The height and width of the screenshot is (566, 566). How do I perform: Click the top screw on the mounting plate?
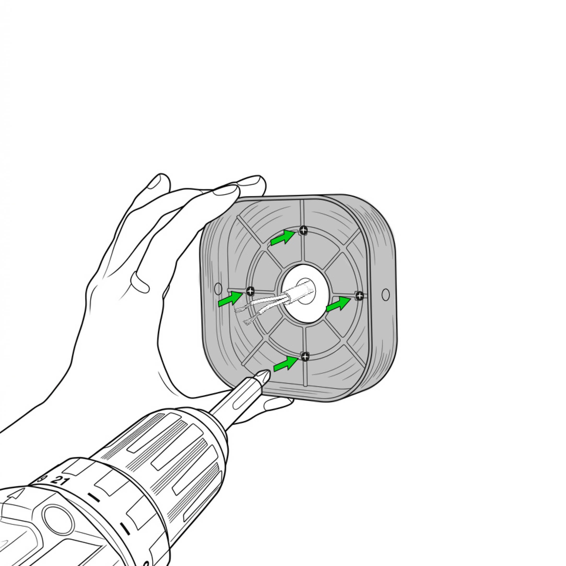[x=304, y=231]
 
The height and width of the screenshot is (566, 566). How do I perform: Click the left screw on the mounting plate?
[x=250, y=291]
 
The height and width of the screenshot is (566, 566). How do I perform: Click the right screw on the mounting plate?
[x=359, y=296]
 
